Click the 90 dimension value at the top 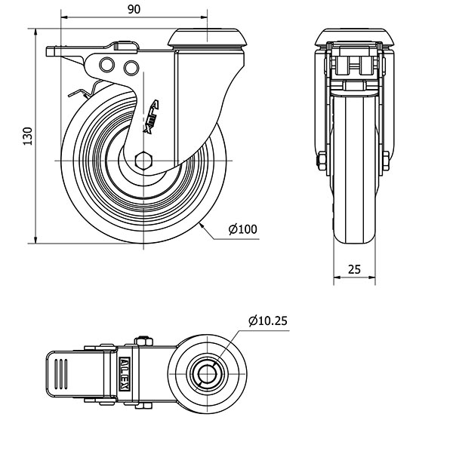point(134,9)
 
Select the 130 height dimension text point(28,136)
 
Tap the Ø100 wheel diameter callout point(242,229)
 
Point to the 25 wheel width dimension point(354,269)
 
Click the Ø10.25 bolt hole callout point(267,320)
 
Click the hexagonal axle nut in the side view point(143,161)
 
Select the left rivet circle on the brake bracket point(106,65)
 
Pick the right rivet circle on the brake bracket point(131,68)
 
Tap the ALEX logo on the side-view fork point(152,116)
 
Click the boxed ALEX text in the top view point(125,374)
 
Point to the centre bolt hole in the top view point(207,374)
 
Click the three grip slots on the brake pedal point(60,374)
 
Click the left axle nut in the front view point(322,161)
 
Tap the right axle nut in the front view point(386,161)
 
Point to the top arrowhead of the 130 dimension point(35,32)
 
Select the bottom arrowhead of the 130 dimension point(35,240)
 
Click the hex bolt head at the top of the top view point(144,341)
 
